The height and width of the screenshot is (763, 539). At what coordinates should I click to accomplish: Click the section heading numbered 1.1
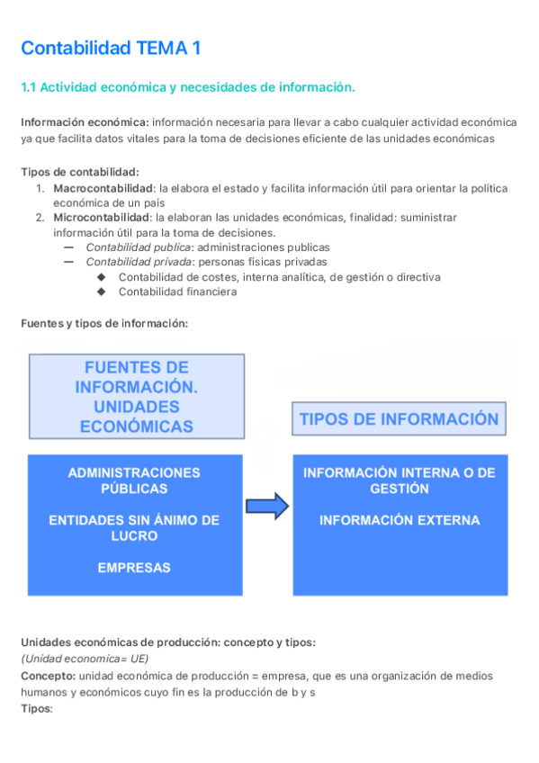point(187,87)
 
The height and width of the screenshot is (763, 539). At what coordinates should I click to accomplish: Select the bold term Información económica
point(85,122)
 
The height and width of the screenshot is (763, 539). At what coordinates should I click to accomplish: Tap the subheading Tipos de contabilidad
point(80,172)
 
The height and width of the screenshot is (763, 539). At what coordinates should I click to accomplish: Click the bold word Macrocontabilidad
point(103,188)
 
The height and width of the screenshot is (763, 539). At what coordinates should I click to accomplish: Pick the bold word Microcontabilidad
point(102,218)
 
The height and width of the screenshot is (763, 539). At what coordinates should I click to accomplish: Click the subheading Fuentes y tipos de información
point(104,324)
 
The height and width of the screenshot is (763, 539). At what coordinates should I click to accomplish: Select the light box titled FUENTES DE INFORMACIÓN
point(136,397)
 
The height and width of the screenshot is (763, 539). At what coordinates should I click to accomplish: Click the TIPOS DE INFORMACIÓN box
point(399,420)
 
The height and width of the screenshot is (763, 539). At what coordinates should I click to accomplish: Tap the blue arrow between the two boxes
point(267,507)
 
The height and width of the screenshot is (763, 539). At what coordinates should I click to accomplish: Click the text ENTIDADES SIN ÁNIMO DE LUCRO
point(134,528)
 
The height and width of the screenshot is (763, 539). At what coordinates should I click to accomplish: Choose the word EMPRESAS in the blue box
point(134,568)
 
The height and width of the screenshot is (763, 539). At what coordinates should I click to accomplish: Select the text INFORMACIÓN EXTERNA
point(400,520)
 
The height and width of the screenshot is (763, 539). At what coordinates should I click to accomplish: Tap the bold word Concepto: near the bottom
point(48,676)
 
